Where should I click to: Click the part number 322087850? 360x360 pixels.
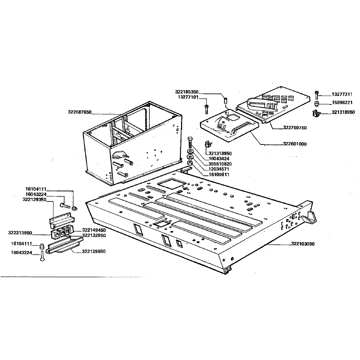[79, 112]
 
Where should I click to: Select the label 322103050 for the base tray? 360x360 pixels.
[303, 244]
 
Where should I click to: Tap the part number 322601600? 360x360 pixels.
[295, 144]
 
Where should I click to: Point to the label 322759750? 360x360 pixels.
[295, 128]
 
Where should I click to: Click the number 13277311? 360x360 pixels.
[342, 94]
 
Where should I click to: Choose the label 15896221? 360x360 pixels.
[342, 103]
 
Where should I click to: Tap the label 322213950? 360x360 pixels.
[20, 233]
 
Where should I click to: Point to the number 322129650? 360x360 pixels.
[94, 251]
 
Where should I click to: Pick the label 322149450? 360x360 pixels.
[94, 230]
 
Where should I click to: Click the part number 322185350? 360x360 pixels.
[187, 91]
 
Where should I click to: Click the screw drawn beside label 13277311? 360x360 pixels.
[317, 95]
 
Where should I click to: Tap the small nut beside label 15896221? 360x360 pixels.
[316, 103]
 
